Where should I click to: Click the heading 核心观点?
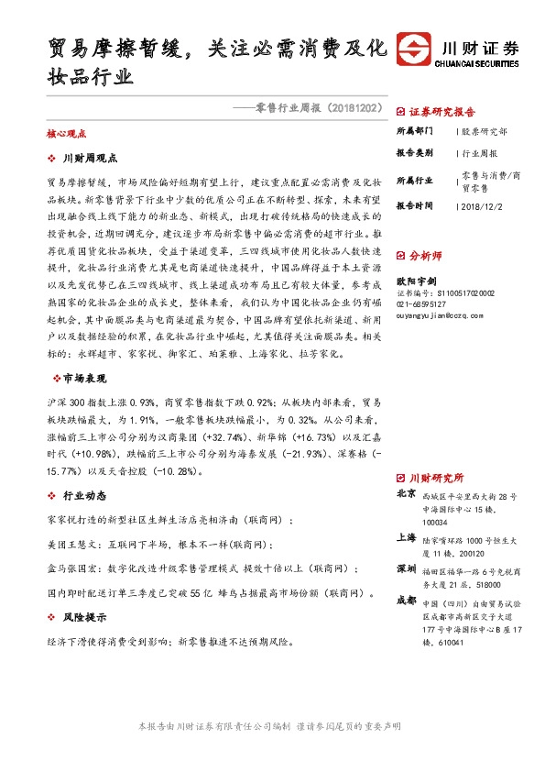tap(65, 133)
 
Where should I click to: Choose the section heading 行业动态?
tap(84, 496)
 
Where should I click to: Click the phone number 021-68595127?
tap(421, 303)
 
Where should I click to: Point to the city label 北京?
tap(406, 493)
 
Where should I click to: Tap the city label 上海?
tap(406, 537)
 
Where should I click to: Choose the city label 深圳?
tap(406, 568)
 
